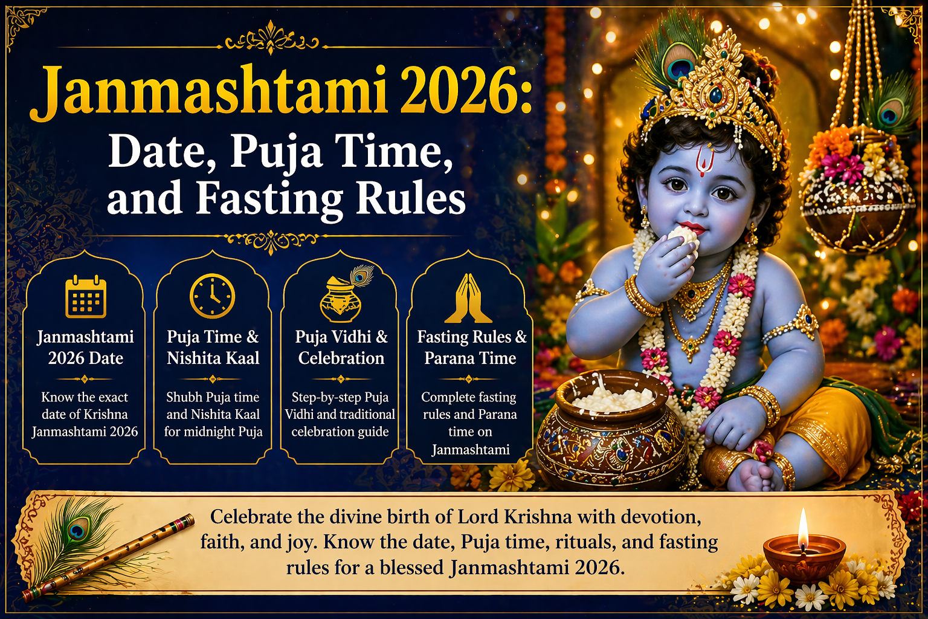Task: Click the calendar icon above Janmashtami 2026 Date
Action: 86,296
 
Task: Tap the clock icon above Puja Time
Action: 212,296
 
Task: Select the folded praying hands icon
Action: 468,299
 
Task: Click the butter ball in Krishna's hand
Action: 684,236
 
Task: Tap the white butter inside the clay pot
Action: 613,399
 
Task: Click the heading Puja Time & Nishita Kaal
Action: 213,348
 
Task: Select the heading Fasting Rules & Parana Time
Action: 471,348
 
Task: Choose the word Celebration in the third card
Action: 341,358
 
